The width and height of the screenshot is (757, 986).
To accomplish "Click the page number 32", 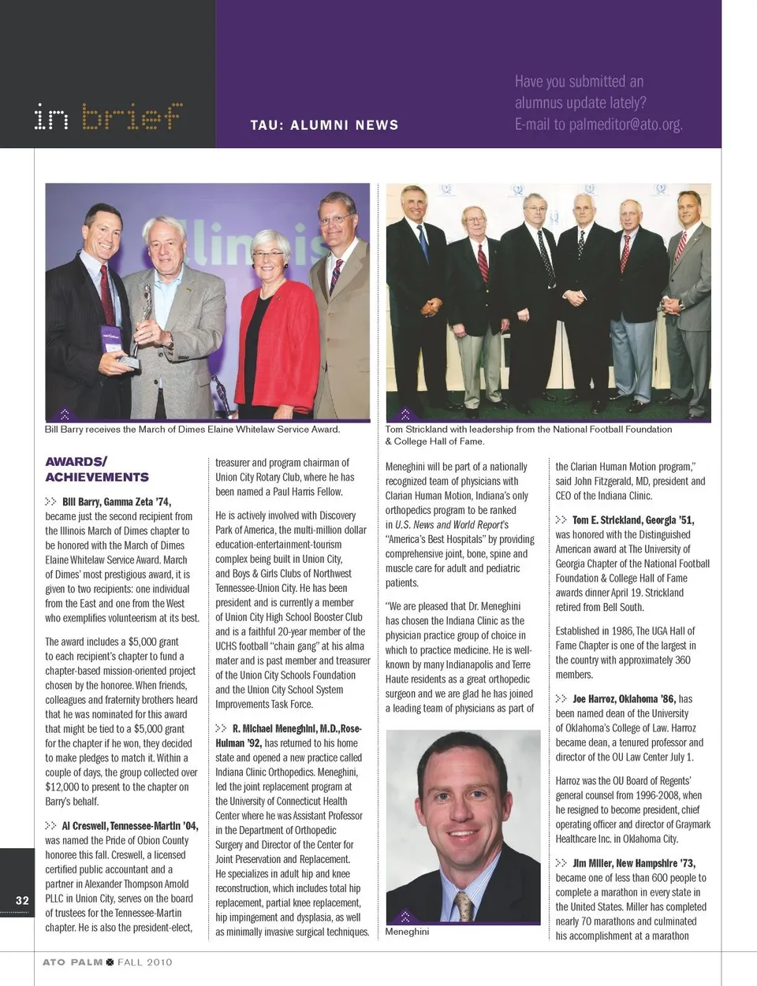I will (x=22, y=900).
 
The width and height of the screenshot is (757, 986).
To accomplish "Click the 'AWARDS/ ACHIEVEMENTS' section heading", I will (x=97, y=469).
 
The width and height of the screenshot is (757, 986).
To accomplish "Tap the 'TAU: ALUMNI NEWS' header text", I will (x=324, y=125).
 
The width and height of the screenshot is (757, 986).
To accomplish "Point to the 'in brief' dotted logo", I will (x=108, y=117).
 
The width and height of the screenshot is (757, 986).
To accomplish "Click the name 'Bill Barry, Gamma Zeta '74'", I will (x=117, y=501).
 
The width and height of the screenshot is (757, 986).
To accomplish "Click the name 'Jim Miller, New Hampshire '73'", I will (x=622, y=863).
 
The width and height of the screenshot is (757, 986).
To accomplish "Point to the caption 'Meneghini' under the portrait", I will (x=407, y=932).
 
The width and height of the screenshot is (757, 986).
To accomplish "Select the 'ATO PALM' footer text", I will (x=73, y=962).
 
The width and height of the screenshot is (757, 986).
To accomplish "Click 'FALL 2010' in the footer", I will (x=144, y=962).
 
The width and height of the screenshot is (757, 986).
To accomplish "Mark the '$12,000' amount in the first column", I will (x=62, y=787).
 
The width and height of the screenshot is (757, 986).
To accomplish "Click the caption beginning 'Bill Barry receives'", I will (x=192, y=430).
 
